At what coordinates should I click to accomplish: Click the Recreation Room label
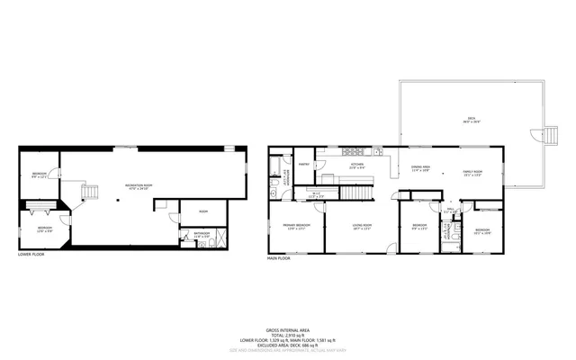click(139, 185)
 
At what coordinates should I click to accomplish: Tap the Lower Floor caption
click(31, 255)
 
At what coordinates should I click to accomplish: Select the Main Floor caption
click(278, 258)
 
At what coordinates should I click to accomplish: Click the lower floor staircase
click(89, 192)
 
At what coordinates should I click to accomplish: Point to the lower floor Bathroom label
click(202, 235)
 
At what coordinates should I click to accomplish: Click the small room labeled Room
click(203, 211)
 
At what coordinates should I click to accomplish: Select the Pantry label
click(304, 165)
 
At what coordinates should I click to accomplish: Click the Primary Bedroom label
click(296, 226)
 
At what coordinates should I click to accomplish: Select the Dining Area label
click(419, 169)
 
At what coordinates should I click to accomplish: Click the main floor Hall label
click(448, 212)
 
